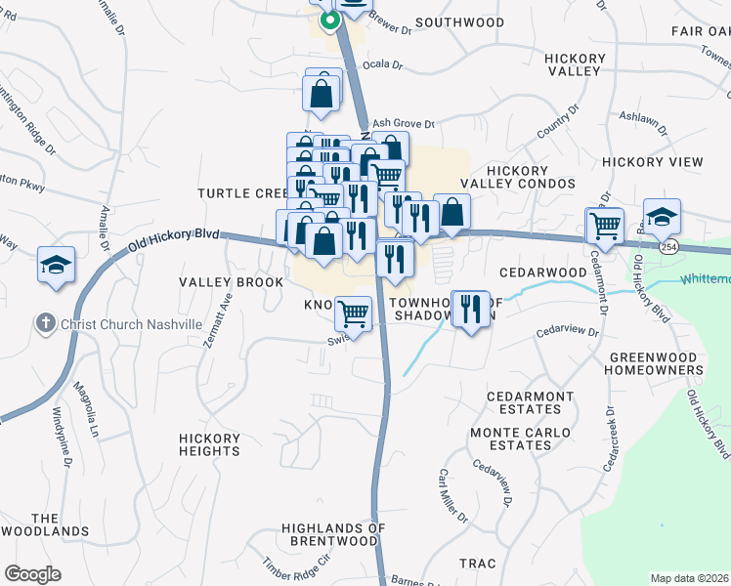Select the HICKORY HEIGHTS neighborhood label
(x=210, y=444)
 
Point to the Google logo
(x=32, y=574)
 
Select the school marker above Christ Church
(x=57, y=264)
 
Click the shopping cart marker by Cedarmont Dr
(x=604, y=226)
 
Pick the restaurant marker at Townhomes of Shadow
(x=471, y=310)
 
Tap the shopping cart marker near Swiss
(x=353, y=314)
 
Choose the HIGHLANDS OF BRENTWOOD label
(x=333, y=534)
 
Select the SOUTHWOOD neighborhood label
(x=459, y=22)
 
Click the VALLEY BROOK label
(x=231, y=282)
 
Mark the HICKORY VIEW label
(x=653, y=161)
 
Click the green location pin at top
(x=330, y=20)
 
